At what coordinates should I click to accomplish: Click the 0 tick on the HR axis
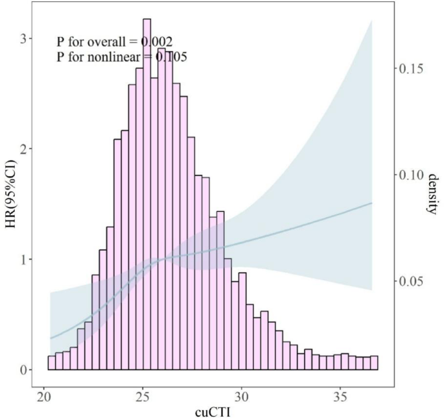coord(23,370)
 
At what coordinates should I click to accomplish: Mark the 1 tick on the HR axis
coord(23,259)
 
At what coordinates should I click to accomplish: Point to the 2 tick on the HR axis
coord(23,149)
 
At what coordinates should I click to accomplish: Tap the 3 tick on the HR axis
coord(23,38)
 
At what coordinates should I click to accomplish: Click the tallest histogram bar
coord(147,194)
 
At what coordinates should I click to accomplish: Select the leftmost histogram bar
coord(52,363)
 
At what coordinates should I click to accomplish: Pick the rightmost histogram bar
coord(374,363)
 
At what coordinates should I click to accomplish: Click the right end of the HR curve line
coord(371,203)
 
